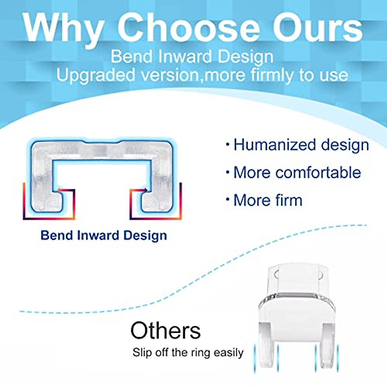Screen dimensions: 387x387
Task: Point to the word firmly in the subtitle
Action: point(273,75)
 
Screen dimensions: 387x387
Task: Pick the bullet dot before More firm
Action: point(228,200)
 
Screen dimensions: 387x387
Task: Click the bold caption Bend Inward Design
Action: point(104,235)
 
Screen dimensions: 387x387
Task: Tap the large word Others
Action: point(165,331)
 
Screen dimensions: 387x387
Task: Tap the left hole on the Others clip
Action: point(276,275)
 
